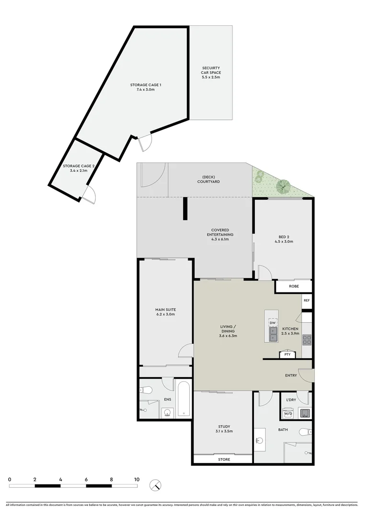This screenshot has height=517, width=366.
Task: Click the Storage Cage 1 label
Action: pos(146,87)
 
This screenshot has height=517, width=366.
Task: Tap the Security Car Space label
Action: pos(211,73)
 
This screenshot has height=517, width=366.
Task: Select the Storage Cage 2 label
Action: pos(79,168)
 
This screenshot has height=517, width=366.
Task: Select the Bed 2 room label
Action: pos(284,239)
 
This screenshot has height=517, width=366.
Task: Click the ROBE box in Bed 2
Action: pos(293,286)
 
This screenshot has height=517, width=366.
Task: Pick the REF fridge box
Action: pos(307,301)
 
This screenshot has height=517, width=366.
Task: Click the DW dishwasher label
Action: pos(272,323)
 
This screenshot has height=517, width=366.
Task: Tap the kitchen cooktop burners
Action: pos(307,339)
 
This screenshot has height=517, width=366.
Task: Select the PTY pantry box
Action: pos(287,354)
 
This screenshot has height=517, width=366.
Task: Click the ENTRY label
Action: pos(291,375)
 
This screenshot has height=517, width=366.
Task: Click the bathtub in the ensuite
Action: pos(183,399)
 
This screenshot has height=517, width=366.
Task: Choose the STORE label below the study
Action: pos(224,460)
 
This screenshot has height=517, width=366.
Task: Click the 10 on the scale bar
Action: pos(137,479)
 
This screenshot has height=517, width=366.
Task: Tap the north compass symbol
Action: pos(155,485)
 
